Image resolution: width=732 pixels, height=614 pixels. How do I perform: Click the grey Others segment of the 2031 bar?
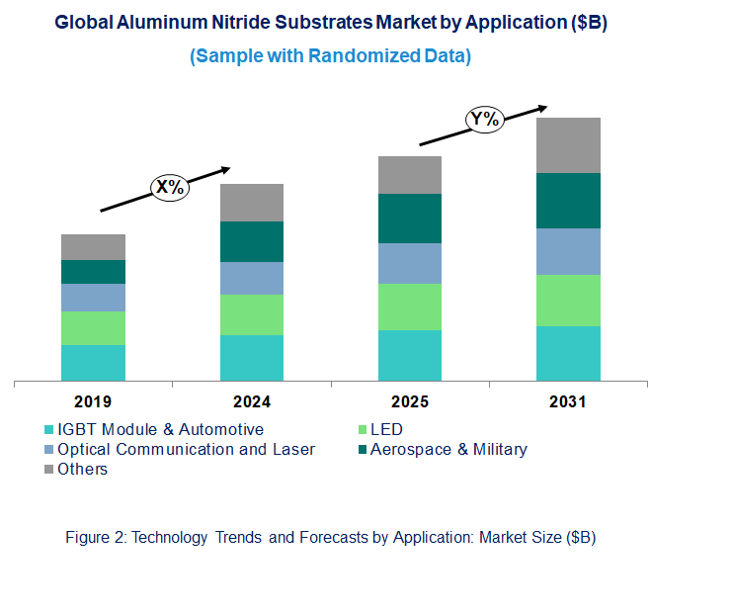click(x=568, y=145)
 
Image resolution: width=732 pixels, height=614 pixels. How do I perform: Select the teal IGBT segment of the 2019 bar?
click(x=93, y=362)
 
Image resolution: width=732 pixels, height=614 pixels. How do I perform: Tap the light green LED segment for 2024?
click(x=251, y=314)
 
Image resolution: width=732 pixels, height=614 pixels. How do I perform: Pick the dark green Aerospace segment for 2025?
click(x=409, y=219)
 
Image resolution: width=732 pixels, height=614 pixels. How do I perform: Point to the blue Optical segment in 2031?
click(x=568, y=251)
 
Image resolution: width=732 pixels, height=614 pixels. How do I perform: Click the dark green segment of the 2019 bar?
click(x=93, y=272)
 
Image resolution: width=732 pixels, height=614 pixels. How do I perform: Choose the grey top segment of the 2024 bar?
click(x=251, y=203)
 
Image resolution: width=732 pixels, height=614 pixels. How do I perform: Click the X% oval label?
click(x=169, y=187)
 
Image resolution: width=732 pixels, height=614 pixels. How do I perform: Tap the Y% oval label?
click(x=485, y=121)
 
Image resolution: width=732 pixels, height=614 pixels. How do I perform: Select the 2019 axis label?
click(x=93, y=402)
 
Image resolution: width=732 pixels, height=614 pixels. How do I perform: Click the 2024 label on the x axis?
click(x=251, y=402)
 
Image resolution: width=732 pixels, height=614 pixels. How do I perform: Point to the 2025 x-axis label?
click(x=409, y=402)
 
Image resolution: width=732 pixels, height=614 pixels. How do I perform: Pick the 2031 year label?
click(x=568, y=402)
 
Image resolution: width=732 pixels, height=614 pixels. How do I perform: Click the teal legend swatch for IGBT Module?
click(x=49, y=430)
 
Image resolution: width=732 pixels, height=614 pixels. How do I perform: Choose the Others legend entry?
click(x=82, y=469)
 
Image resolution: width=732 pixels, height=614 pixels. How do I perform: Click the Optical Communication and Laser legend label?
click(x=186, y=449)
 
